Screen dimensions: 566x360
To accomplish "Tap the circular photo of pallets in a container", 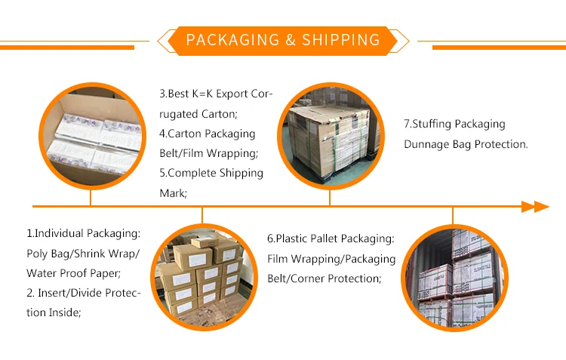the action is (453, 275).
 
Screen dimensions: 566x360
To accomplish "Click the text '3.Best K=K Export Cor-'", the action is (216, 95).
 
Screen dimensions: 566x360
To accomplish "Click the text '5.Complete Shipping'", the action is (211, 174).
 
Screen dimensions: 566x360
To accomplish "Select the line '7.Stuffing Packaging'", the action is (454, 125).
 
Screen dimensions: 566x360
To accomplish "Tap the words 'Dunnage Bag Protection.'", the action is (466, 144).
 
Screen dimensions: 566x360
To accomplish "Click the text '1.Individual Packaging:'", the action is (83, 234).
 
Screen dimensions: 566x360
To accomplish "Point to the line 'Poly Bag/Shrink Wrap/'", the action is (83, 254).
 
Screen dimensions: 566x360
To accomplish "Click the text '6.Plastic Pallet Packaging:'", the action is (330, 239).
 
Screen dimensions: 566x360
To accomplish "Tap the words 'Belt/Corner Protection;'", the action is (322, 278).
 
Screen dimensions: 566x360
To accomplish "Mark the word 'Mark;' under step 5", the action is (173, 193).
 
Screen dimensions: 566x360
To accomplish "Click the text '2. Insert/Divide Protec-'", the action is (83, 293).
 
